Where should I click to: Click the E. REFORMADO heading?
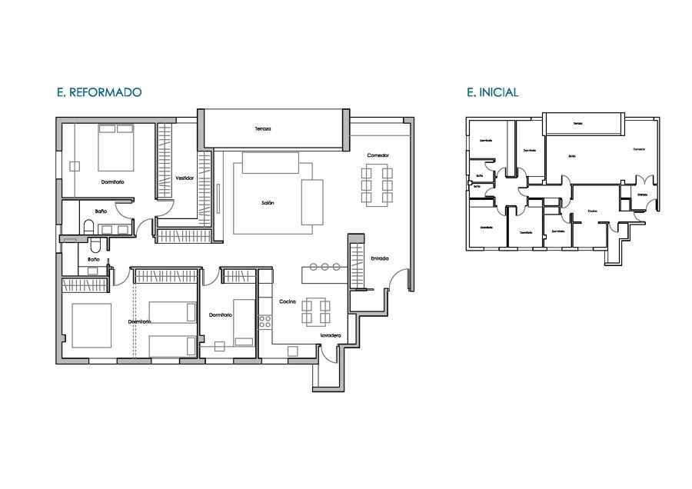point(98,92)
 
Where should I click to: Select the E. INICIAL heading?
point(492,92)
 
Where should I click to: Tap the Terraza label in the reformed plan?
point(264,128)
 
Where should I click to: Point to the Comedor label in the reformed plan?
point(378,155)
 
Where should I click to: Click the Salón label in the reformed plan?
point(268,203)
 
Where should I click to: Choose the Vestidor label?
point(184,178)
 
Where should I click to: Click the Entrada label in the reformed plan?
point(379,258)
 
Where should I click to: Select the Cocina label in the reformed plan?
point(288,301)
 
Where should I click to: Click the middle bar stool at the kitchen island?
point(324,267)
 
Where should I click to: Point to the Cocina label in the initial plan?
point(592,211)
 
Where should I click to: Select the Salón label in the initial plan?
point(572,156)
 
